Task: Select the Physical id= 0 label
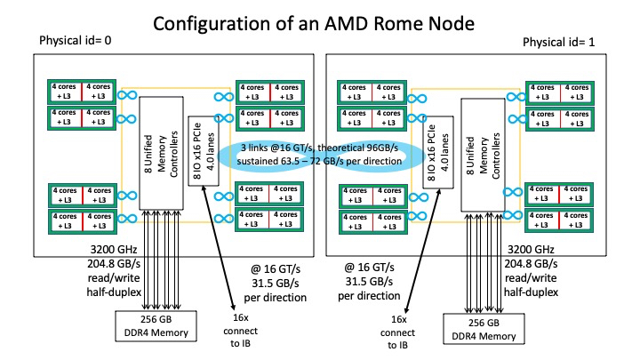click(x=77, y=42)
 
